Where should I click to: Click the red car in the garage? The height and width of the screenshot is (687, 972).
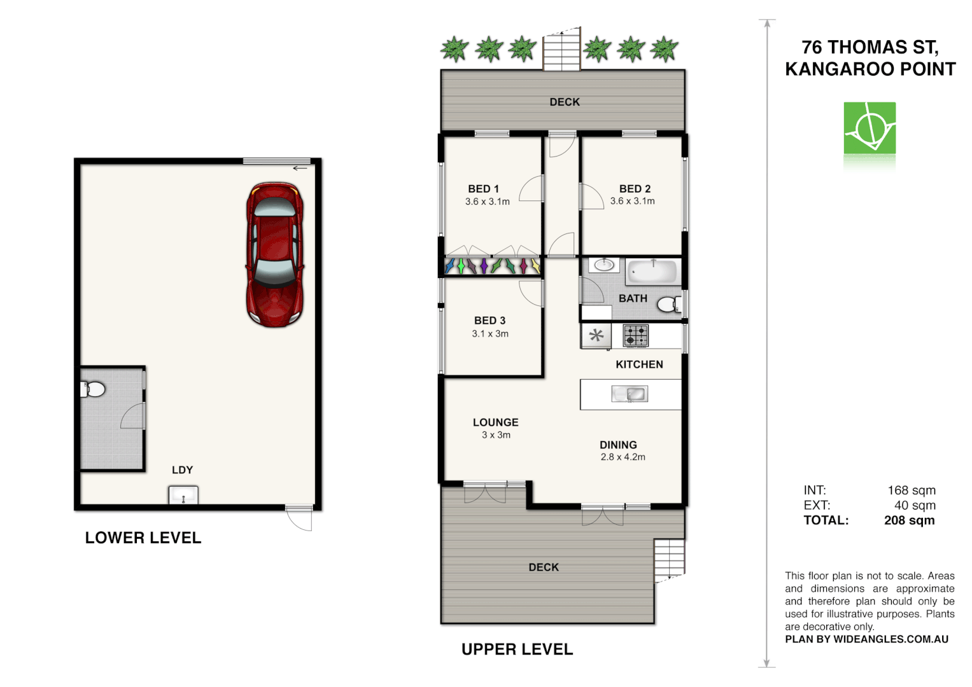(274, 254)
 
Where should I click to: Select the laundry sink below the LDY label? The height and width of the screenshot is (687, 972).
(183, 494)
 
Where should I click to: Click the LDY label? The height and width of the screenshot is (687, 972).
(182, 470)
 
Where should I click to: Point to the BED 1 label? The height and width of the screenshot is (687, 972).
(483, 189)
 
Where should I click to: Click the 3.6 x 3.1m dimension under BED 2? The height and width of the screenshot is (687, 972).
(632, 201)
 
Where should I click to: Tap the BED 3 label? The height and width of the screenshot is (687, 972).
(490, 321)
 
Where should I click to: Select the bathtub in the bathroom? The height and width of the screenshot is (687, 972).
(652, 272)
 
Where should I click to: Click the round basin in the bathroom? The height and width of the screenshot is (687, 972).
(603, 265)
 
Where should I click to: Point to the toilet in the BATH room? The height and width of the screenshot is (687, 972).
(669, 305)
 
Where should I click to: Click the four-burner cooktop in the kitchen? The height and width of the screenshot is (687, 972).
(635, 335)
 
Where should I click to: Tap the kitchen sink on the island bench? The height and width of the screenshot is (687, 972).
(629, 394)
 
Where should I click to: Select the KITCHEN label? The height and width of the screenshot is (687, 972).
(639, 364)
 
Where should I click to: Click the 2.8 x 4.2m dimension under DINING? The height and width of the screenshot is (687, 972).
(623, 457)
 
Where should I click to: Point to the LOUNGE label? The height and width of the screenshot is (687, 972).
(495, 422)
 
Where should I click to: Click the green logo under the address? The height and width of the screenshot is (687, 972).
(870, 128)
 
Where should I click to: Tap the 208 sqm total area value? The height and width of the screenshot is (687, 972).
(909, 520)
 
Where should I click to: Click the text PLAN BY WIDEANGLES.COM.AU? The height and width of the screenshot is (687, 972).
(866, 639)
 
